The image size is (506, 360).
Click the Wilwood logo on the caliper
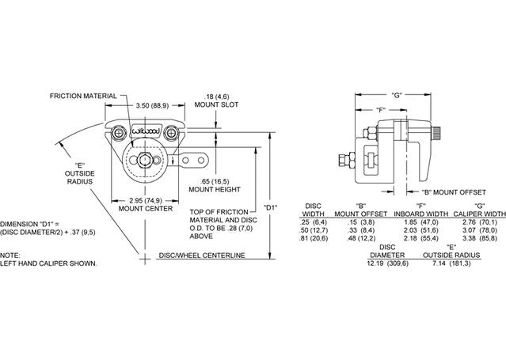pos(145,131)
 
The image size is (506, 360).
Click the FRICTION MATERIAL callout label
pos(83,96)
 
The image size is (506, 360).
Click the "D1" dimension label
pos(270,208)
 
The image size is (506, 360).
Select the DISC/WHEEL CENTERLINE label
pos(202,256)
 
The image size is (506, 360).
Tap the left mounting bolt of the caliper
pos(119,133)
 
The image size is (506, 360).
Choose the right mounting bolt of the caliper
pos(171,133)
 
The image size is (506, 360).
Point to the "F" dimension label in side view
pos(381,110)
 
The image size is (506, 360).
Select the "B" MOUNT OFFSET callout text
pos(454,192)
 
